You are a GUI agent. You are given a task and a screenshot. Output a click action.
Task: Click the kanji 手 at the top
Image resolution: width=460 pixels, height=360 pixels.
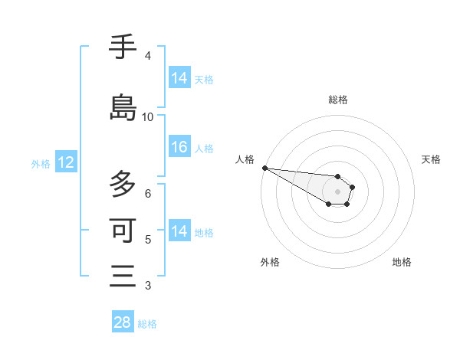click(x=123, y=48)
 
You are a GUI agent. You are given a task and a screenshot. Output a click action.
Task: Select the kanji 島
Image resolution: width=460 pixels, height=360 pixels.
click(x=123, y=108)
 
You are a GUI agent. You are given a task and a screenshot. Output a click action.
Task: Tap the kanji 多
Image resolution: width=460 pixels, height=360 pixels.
click(x=123, y=185)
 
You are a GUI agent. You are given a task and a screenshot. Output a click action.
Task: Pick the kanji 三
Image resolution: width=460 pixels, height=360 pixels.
click(x=123, y=275)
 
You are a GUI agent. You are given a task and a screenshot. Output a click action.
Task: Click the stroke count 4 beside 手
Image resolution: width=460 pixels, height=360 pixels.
click(x=147, y=56)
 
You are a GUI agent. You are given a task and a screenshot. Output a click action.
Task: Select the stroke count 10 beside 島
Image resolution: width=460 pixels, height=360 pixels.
click(x=148, y=117)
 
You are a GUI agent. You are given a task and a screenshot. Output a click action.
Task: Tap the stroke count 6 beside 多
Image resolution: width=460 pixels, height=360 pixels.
click(x=147, y=194)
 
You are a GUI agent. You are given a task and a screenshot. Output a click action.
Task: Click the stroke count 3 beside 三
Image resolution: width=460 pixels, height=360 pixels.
click(x=147, y=286)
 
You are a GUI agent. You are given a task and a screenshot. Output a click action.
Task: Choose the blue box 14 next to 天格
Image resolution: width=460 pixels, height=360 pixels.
click(x=179, y=78)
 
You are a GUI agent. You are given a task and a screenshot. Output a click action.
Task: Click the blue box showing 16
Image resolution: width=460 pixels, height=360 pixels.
click(x=179, y=148)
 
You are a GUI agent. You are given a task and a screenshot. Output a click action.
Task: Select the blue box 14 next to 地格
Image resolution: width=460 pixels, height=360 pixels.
click(x=179, y=231)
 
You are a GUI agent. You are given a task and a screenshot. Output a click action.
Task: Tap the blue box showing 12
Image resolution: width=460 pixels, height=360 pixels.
click(x=65, y=162)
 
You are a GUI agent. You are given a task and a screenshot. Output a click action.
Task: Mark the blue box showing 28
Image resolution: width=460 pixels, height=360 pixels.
click(x=123, y=322)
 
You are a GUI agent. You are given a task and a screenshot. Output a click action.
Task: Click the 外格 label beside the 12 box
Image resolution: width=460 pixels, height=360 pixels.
click(x=41, y=164)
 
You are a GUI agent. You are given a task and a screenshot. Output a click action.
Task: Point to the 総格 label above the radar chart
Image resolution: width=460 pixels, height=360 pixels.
click(x=338, y=100)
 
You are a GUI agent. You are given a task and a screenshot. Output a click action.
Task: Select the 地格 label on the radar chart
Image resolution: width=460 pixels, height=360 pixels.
click(x=402, y=262)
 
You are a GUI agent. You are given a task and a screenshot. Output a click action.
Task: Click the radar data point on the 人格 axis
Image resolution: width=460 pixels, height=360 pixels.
click(x=264, y=168)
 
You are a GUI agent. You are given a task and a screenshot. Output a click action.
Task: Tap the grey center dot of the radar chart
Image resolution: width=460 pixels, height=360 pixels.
click(x=338, y=191)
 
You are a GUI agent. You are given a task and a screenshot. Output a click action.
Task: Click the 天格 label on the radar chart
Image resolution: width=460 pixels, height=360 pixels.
click(x=431, y=159)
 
